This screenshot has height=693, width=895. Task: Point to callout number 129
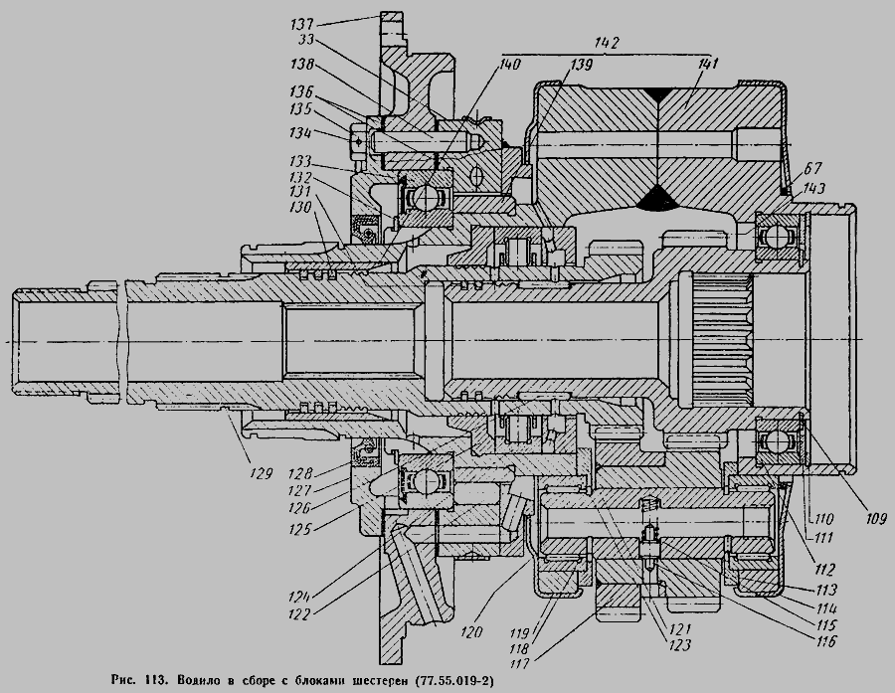tap(260, 473)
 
